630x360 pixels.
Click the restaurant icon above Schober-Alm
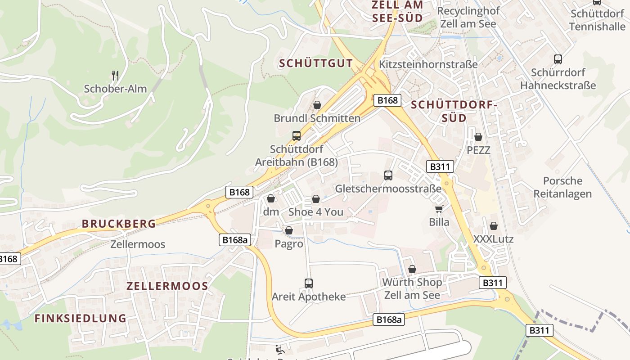pos(115,75)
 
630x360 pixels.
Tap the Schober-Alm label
pos(115,89)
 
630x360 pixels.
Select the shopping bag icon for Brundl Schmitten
pos(317,105)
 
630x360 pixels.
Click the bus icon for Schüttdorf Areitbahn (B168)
pos(297,135)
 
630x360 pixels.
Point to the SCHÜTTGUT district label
pos(316,63)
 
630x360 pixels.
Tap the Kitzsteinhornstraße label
pos(428,64)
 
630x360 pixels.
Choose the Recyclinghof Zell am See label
pos(468,18)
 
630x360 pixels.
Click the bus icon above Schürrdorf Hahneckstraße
pos(558,59)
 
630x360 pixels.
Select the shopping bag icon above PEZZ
pos(478,136)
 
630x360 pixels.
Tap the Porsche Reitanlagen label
pos(562,187)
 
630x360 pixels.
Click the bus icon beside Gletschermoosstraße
pos(388,175)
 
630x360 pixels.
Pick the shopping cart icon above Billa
pos(439,209)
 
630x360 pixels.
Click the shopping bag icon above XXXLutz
pos(494,226)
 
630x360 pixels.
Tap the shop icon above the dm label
pos(271,198)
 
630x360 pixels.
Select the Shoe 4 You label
pos(315,212)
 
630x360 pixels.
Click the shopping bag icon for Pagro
pos(289,231)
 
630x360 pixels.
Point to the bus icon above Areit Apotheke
pos(309,283)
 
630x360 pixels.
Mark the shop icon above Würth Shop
pos(412,269)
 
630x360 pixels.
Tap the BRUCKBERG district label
pos(119,224)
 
